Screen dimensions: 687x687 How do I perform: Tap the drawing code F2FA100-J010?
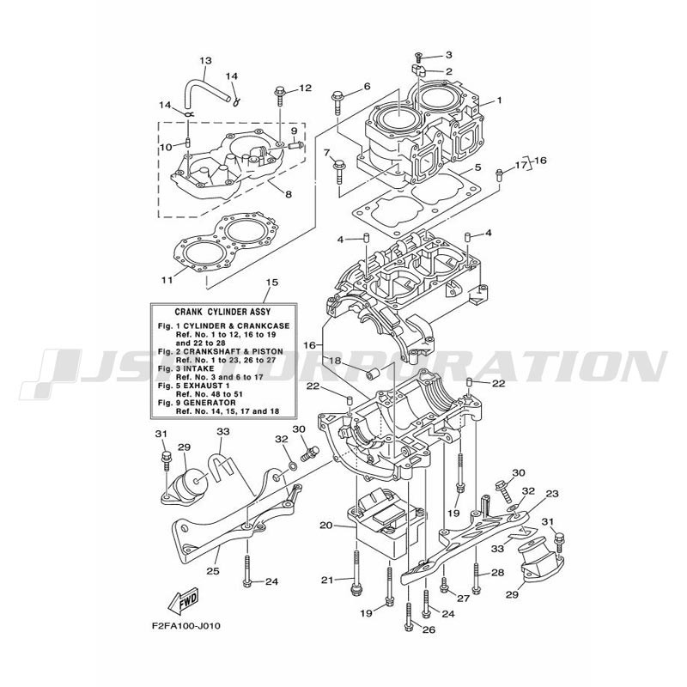(186, 626)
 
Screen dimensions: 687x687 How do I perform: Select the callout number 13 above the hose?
(205, 60)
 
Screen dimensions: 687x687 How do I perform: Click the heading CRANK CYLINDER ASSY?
(222, 312)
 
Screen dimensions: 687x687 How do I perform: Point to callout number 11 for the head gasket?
(167, 279)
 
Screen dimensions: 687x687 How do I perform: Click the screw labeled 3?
(418, 58)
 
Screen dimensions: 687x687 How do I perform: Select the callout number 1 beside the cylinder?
(499, 100)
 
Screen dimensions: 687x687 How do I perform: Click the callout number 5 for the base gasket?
(477, 167)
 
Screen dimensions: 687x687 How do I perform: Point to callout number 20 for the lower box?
(326, 525)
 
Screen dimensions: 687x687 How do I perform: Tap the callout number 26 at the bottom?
(429, 629)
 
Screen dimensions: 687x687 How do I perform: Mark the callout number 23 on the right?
(552, 494)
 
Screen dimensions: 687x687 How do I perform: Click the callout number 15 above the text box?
(272, 283)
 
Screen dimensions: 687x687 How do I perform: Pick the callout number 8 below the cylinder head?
(289, 194)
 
